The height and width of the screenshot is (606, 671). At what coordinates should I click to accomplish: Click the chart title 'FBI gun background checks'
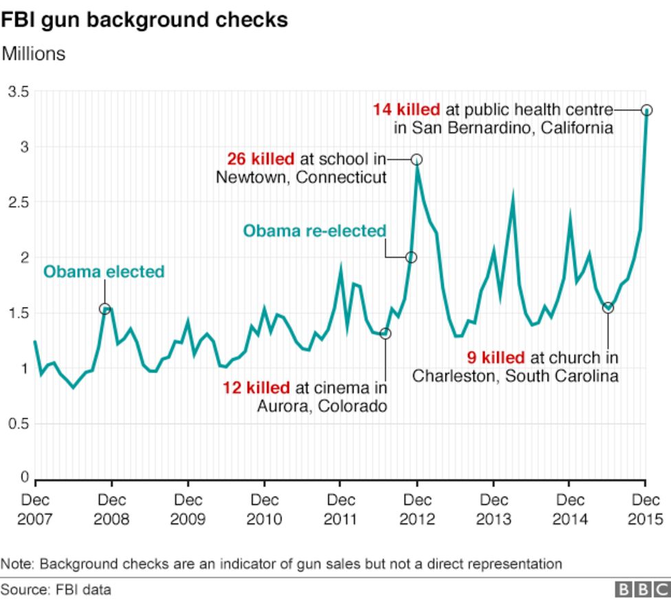[x=144, y=20]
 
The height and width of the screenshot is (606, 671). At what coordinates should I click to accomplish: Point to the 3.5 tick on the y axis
[x=19, y=92]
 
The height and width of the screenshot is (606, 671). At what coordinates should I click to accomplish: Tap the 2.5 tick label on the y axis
[x=19, y=203]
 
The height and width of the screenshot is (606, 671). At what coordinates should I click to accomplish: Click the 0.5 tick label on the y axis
[x=19, y=424]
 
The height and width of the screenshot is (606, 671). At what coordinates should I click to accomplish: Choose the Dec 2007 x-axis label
[x=34, y=509]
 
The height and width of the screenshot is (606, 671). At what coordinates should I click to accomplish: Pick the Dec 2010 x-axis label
[x=264, y=509]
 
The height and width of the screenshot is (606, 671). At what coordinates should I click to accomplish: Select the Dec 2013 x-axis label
[x=493, y=509]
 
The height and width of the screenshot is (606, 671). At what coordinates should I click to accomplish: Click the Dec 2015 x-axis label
[x=646, y=509]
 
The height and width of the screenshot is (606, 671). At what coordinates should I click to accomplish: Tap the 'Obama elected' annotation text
[x=104, y=272]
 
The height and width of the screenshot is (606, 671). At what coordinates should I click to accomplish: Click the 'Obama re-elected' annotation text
[x=314, y=232]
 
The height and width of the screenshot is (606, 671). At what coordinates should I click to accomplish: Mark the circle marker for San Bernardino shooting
[x=646, y=110]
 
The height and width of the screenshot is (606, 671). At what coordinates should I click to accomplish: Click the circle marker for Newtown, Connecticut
[x=417, y=159]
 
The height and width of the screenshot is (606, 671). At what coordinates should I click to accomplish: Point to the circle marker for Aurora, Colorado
[x=385, y=333]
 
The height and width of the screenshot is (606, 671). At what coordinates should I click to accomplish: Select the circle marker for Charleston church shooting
[x=608, y=307]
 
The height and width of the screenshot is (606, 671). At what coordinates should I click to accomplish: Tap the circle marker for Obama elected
[x=104, y=309]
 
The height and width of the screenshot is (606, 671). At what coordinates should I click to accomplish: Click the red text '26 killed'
[x=261, y=159]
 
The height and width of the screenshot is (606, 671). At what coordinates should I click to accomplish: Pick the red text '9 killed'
[x=496, y=358]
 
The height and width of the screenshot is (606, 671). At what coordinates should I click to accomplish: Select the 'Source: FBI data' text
[x=56, y=590]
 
